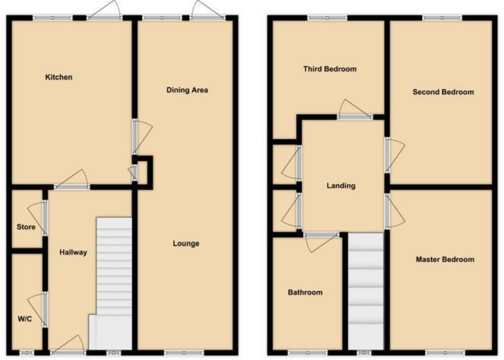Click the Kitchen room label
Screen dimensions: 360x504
58,77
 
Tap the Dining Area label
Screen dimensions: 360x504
187,90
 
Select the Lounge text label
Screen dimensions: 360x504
185,244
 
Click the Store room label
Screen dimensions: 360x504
26,226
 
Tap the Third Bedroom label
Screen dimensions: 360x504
329,69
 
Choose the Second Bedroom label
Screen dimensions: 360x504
443,92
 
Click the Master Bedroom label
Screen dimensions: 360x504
444,260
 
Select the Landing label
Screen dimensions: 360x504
341,185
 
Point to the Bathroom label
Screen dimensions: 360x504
304,292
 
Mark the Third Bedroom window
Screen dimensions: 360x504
327,17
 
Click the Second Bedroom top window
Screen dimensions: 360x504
442,17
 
